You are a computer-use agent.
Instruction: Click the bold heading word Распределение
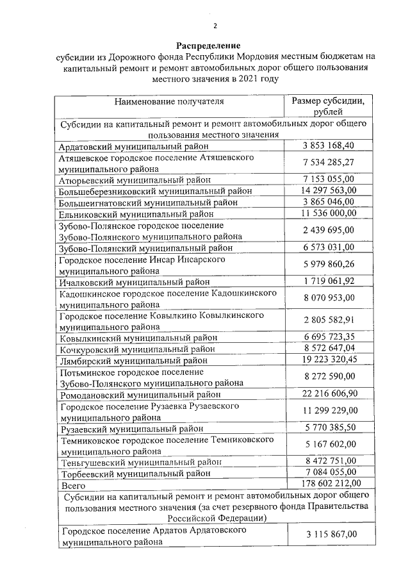pos(209,46)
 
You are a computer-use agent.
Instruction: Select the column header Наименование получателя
pos(169,102)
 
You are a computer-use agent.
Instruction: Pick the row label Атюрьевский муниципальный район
pos(134,180)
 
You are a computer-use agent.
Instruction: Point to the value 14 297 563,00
pos(328,190)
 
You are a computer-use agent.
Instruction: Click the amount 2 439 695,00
pos(329,230)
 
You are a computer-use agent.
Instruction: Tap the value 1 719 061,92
pos(329,281)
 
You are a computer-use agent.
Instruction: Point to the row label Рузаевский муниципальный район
pos(135,427)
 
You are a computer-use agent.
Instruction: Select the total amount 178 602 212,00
pos(328,483)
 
